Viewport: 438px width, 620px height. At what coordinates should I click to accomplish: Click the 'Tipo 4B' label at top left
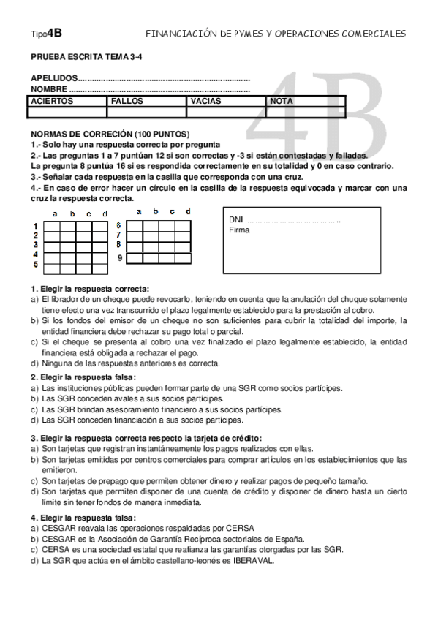pos(46,33)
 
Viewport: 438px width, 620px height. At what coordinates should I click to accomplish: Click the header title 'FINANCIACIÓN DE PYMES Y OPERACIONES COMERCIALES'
pos(275,34)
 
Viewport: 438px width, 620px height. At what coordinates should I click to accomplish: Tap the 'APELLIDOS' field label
pos(53,78)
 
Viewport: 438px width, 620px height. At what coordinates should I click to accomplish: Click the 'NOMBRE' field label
pos(49,89)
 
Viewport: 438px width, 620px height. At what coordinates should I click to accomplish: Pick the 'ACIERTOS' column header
pos(53,101)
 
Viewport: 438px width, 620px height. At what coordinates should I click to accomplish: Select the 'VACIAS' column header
pos(206,101)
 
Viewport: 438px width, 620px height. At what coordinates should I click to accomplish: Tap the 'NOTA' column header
pos(282,101)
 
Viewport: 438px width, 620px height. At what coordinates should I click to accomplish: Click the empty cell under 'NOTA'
pos(305,112)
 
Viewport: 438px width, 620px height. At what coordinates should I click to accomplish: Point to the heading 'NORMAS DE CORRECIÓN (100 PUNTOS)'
pos(110,135)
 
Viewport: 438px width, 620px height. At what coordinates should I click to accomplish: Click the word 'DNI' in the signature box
pos(235,219)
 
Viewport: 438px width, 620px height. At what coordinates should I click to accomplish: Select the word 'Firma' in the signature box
pos(239,230)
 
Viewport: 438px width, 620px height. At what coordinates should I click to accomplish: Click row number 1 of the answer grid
pos(36,227)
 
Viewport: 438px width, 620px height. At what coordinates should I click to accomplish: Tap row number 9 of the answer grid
pos(118,259)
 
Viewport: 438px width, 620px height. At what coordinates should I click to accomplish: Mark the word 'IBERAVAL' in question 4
pos(252,560)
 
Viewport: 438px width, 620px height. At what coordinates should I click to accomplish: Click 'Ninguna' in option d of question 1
pos(57,363)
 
